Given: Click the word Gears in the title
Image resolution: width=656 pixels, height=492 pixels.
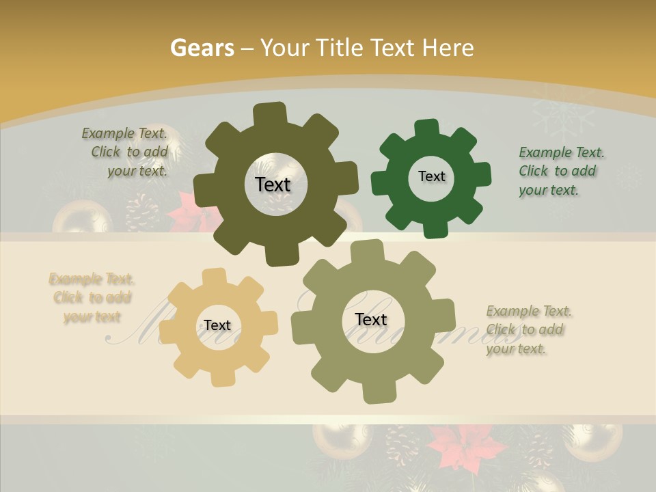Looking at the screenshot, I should (202, 48).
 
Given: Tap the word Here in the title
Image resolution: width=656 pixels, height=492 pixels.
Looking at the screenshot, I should (448, 48).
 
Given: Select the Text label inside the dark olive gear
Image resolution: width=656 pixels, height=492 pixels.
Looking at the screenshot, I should (273, 184).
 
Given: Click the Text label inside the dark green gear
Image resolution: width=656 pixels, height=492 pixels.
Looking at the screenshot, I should (431, 176).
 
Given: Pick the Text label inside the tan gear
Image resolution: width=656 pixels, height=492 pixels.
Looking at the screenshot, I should (217, 325).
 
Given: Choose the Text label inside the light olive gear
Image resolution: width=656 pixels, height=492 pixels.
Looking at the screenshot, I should (371, 319).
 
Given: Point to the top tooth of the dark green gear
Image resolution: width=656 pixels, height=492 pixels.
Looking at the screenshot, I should (427, 128).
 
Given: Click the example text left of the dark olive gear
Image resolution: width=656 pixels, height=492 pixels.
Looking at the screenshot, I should (127, 152).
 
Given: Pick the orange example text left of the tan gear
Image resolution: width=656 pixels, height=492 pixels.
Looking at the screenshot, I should (92, 298).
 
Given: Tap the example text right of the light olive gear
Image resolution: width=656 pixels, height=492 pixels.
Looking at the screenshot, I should (528, 329).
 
